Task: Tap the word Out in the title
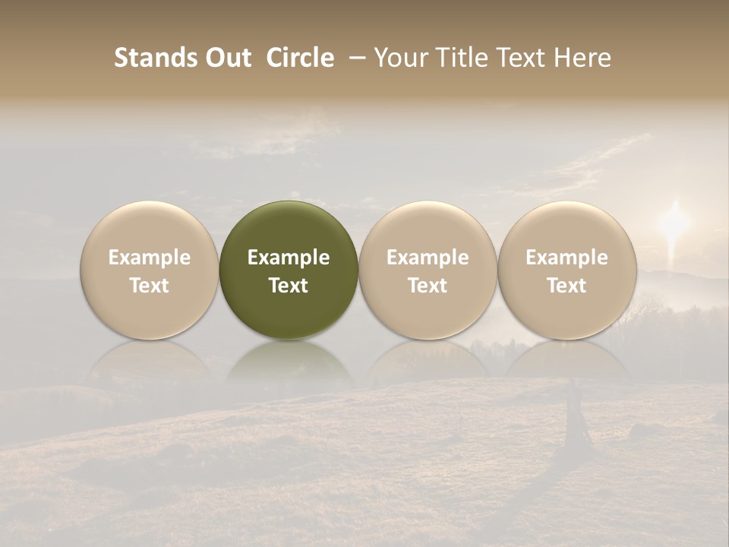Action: click(x=229, y=58)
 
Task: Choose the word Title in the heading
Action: click(x=456, y=58)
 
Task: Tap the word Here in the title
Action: click(x=581, y=58)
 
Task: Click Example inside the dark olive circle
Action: click(x=289, y=258)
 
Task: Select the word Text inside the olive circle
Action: click(x=289, y=286)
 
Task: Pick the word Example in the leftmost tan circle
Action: click(x=150, y=258)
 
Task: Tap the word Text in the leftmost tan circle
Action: click(x=150, y=286)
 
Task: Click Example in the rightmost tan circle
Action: click(x=566, y=258)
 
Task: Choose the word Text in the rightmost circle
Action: click(x=566, y=286)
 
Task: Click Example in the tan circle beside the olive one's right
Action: click(x=428, y=258)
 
